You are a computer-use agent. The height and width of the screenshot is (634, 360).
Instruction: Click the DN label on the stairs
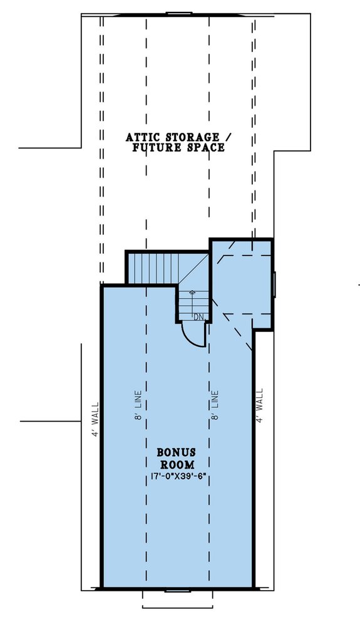point(198,317)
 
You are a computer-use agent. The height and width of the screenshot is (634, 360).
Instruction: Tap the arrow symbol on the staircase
point(193,293)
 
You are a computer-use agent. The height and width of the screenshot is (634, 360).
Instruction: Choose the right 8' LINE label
point(215,405)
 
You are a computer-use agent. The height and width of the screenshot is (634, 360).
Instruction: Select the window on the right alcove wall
point(274,284)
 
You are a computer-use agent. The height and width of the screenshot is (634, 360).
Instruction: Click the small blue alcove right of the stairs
point(242,282)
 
